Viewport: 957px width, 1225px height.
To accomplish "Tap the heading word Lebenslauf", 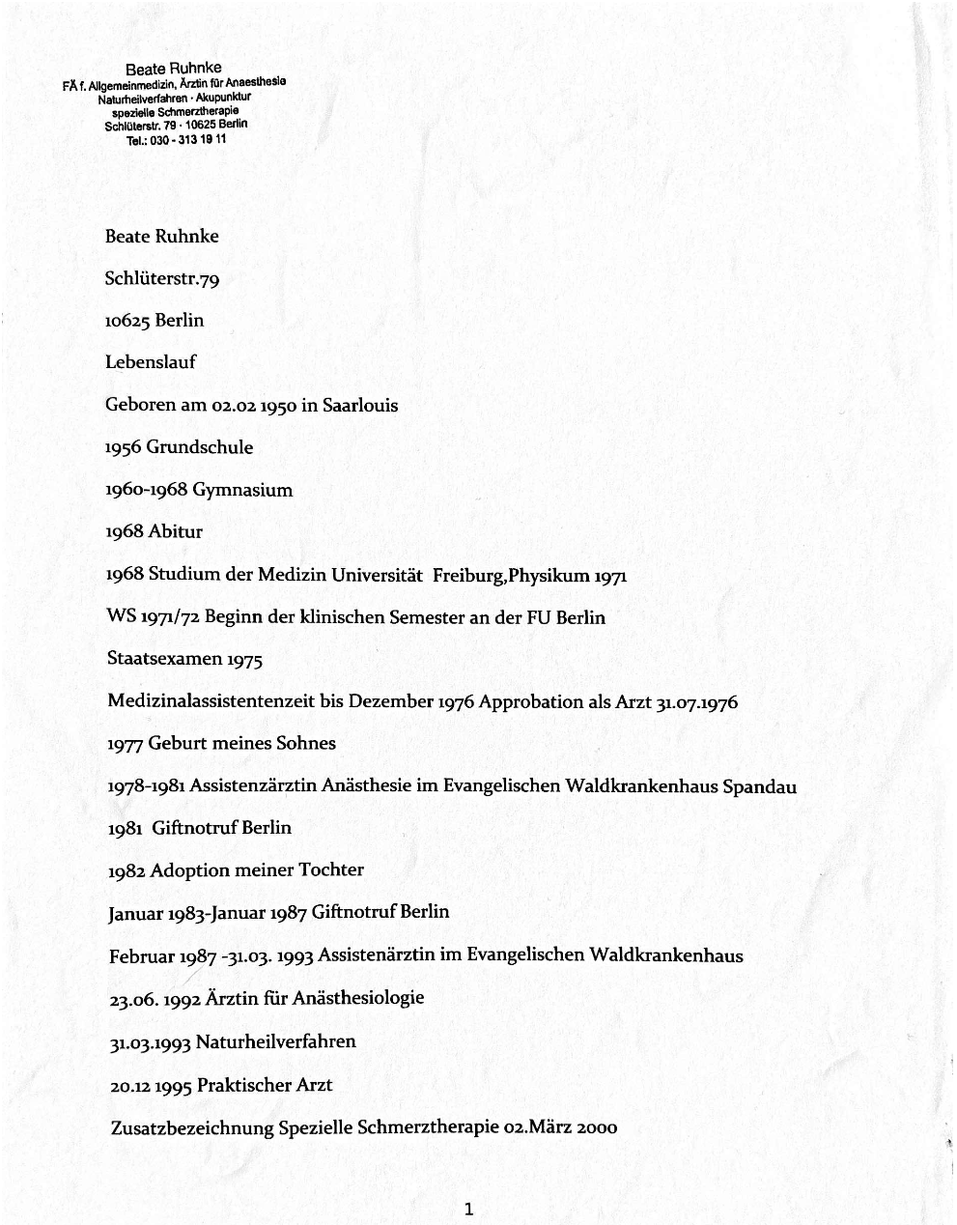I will [151, 362].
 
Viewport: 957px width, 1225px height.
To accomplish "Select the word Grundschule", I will [200, 447].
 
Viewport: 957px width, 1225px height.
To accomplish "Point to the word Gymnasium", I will [242, 490].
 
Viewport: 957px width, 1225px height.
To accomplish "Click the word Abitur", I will [176, 531].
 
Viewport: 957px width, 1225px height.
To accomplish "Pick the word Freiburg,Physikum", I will [511, 576].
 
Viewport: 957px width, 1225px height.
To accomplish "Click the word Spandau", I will [759, 786].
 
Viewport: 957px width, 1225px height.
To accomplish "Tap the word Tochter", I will [331, 869].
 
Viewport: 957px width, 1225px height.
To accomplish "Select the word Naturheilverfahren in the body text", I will [276, 1041].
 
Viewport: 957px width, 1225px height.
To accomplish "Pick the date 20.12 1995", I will [152, 1085].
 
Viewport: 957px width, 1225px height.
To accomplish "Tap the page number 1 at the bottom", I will [468, 1208].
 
